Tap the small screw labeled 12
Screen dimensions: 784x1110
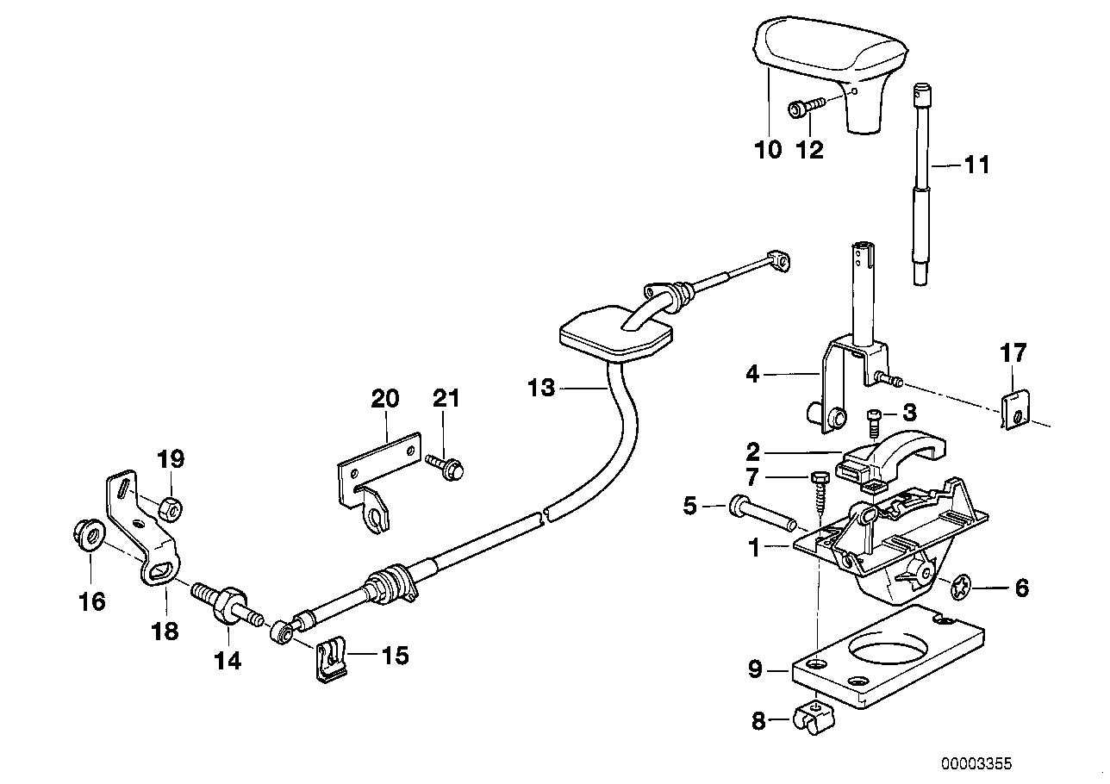tap(804, 108)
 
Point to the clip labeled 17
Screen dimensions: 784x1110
tap(1015, 408)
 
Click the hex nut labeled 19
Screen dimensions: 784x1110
tap(171, 508)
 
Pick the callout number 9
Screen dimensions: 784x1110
tap(755, 669)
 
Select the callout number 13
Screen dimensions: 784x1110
tap(541, 389)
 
